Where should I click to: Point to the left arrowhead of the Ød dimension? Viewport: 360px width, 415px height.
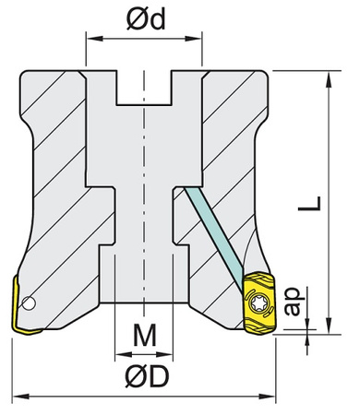click(x=90, y=39)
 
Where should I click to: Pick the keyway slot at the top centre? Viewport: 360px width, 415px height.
click(x=143, y=89)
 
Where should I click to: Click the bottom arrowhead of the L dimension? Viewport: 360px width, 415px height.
click(x=328, y=326)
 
